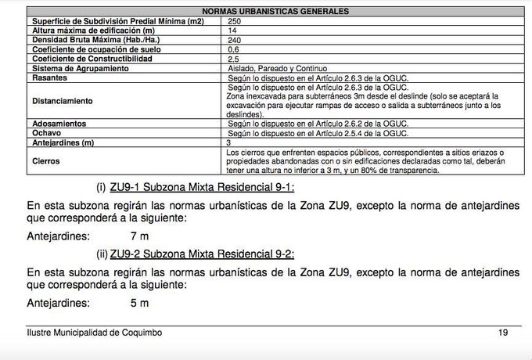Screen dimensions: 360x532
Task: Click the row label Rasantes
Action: point(46,77)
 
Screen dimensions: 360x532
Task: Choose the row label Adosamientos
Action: point(57,124)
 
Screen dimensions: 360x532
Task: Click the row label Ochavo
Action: point(42,134)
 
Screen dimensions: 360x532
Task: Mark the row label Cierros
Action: point(43,161)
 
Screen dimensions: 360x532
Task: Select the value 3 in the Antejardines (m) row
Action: point(228,143)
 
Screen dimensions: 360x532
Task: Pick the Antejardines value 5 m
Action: point(141,302)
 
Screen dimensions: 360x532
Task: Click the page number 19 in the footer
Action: point(502,333)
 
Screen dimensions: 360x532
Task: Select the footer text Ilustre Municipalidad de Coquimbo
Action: point(94,333)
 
